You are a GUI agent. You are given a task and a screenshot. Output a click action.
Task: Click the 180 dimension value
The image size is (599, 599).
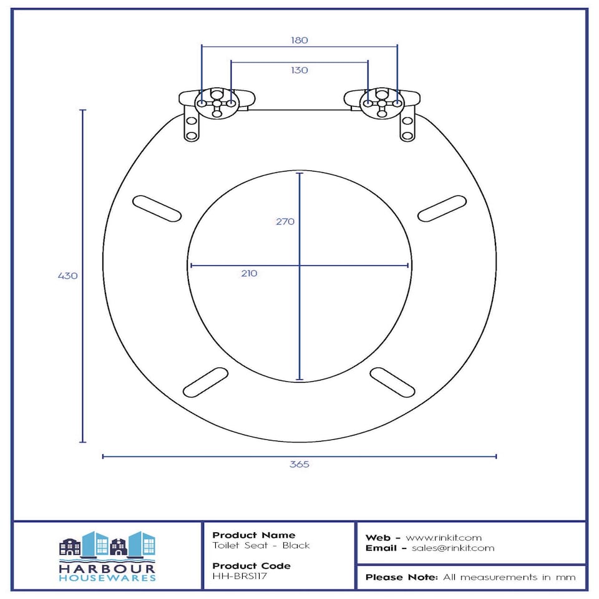pyautogui.click(x=299, y=40)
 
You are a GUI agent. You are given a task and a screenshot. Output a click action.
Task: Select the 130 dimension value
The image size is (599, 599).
pyautogui.click(x=299, y=71)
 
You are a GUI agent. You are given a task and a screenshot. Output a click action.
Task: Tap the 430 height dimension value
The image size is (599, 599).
pyautogui.click(x=67, y=276)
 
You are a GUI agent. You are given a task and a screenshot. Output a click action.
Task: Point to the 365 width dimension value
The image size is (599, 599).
pyautogui.click(x=299, y=464)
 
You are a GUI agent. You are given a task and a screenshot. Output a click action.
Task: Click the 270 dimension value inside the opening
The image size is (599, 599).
pyautogui.click(x=285, y=222)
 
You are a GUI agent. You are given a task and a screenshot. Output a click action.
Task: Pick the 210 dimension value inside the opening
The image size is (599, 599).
pyautogui.click(x=249, y=273)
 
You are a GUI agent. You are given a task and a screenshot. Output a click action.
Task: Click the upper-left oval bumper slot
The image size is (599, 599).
pyautogui.click(x=157, y=208)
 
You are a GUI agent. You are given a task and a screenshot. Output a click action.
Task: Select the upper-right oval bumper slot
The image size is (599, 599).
pyautogui.click(x=442, y=208)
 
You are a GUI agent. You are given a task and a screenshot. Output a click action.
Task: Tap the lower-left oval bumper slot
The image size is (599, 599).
pyautogui.click(x=205, y=382)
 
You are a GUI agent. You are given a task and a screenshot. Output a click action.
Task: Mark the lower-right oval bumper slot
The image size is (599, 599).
pyautogui.click(x=392, y=382)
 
